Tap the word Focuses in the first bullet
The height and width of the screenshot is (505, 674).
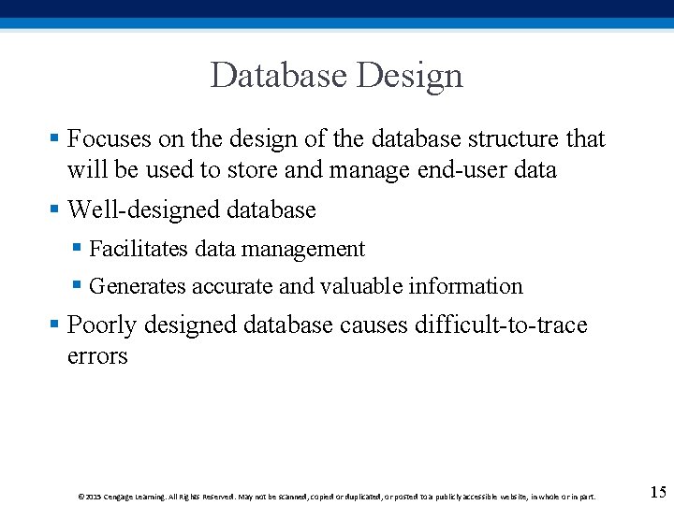110,139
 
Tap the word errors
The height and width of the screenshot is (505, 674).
97,356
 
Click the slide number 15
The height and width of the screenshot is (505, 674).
657,492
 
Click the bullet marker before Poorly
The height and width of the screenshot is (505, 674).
55,325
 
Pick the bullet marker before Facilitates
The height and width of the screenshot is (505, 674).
78,249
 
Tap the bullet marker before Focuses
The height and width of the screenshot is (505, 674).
55,139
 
